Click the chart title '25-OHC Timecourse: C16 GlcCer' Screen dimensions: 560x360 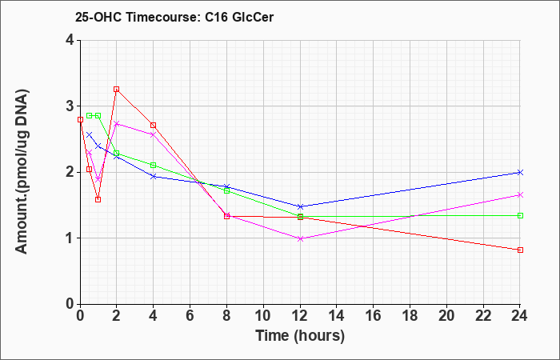click(174, 17)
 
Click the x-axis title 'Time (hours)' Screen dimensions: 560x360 click(300, 336)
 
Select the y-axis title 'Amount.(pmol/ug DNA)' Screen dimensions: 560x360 click(22, 172)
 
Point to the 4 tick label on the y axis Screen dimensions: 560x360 click(70, 40)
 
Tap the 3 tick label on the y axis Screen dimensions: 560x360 click(70, 106)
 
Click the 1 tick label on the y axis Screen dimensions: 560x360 click(70, 238)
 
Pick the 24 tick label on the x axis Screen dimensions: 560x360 click(520, 316)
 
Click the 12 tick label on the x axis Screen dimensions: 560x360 click(300, 316)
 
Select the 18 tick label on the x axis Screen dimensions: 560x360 click(410, 316)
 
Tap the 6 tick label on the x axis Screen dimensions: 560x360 click(190, 316)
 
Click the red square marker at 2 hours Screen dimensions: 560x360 click(117, 90)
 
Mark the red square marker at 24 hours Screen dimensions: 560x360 click(520, 250)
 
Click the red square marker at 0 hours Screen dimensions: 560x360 click(80, 120)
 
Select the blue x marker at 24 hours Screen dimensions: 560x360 click(520, 173)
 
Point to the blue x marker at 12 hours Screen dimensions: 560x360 click(300, 206)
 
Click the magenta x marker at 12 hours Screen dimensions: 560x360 click(300, 239)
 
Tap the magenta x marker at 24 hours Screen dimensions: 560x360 click(520, 195)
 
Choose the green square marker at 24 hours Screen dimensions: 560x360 click(520, 216)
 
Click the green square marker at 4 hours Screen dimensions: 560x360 click(154, 166)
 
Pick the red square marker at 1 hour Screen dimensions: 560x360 click(98, 200)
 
